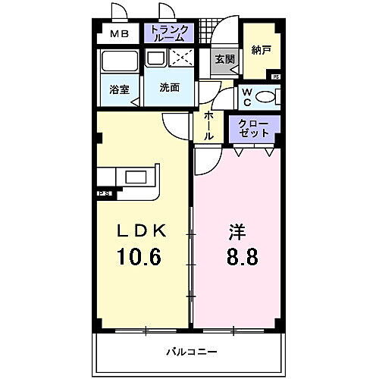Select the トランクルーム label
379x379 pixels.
click(171, 33)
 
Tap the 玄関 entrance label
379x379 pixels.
click(224, 59)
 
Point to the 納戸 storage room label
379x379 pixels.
click(262, 51)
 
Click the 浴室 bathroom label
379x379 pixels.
click(119, 89)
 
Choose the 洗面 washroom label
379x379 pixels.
click(170, 87)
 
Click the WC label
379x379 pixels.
click(247, 97)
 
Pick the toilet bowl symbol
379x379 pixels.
click(267, 96)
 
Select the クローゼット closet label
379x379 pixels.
click(254, 127)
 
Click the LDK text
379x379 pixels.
click(141, 230)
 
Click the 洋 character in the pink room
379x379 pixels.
click(236, 230)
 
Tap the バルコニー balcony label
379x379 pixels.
click(191, 352)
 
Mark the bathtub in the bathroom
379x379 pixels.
click(118, 62)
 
